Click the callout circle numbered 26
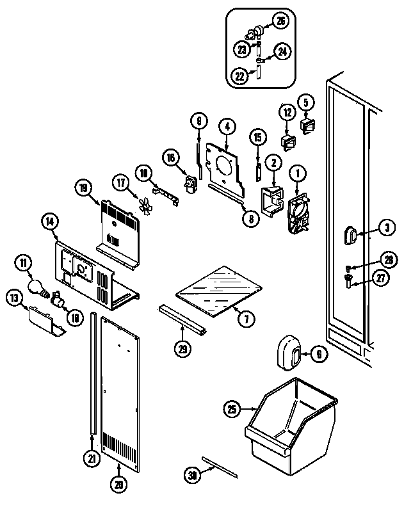pyautogui.click(x=280, y=20)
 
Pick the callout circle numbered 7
pyautogui.click(x=244, y=318)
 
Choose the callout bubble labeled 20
pyautogui.click(x=117, y=485)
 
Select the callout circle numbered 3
pyautogui.click(x=386, y=227)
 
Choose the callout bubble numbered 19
pyautogui.click(x=83, y=188)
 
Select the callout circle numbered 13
pyautogui.click(x=13, y=297)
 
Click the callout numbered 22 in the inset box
pyautogui.click(x=238, y=75)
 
